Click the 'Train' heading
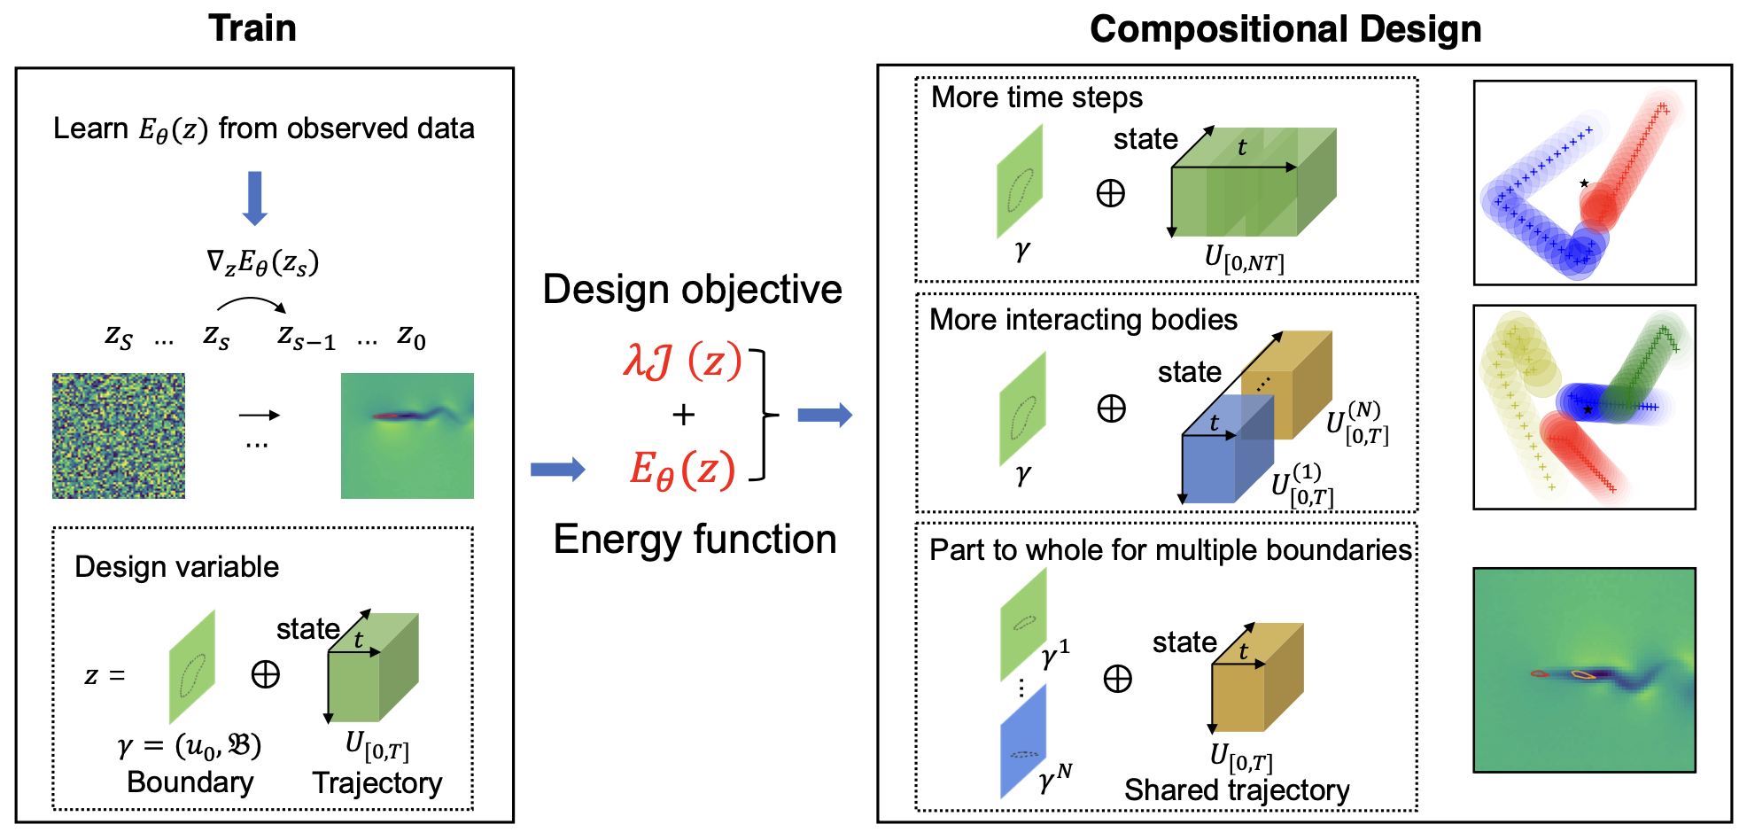click(x=252, y=28)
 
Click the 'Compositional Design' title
click(x=1285, y=29)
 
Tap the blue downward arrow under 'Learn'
click(x=255, y=198)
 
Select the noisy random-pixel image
click(x=119, y=435)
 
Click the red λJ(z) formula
click(x=682, y=361)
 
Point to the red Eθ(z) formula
click(x=682, y=469)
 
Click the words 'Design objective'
click(x=692, y=290)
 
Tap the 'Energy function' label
click(x=695, y=539)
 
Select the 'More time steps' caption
click(x=1037, y=97)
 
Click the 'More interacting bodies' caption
click(x=1083, y=319)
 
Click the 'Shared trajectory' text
click(x=1237, y=789)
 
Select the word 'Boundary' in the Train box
click(x=190, y=782)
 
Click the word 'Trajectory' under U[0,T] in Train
click(x=377, y=783)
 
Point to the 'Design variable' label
click(x=176, y=567)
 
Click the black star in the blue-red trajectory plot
click(x=1584, y=183)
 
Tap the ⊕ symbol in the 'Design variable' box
click(x=266, y=675)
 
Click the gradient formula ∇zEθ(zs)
click(x=262, y=262)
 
